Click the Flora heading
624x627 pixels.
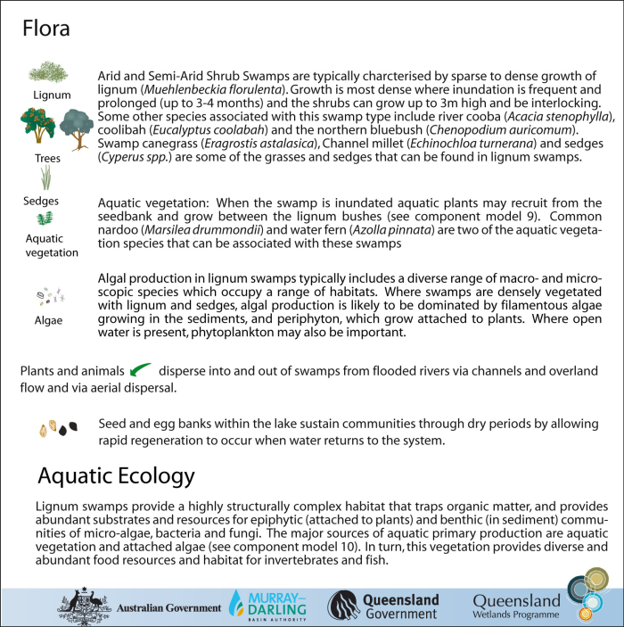(x=46, y=29)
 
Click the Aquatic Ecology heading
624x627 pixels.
(x=115, y=474)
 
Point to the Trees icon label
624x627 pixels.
(x=41, y=157)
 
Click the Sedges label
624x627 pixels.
(x=41, y=201)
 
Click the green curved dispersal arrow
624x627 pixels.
(x=139, y=369)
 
